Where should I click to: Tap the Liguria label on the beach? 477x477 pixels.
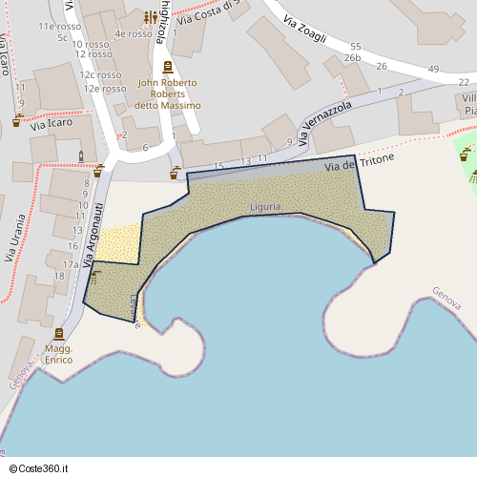pyautogui.click(x=265, y=206)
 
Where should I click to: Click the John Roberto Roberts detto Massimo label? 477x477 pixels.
pyautogui.click(x=168, y=93)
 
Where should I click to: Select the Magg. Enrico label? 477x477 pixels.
pyautogui.click(x=59, y=355)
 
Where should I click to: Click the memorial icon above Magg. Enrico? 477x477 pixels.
pyautogui.click(x=59, y=334)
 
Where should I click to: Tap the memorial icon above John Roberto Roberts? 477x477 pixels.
pyautogui.click(x=168, y=67)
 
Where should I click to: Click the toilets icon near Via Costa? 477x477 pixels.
pyautogui.click(x=151, y=17)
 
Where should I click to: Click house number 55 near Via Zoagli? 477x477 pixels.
pyautogui.click(x=355, y=46)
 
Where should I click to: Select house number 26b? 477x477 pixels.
pyautogui.click(x=353, y=58)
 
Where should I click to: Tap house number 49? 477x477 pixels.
pyautogui.click(x=433, y=69)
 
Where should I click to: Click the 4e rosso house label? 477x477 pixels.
pyautogui.click(x=134, y=33)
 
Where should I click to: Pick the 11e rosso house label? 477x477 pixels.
pyautogui.click(x=58, y=27)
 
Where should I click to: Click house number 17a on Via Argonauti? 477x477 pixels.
pyautogui.click(x=71, y=264)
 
